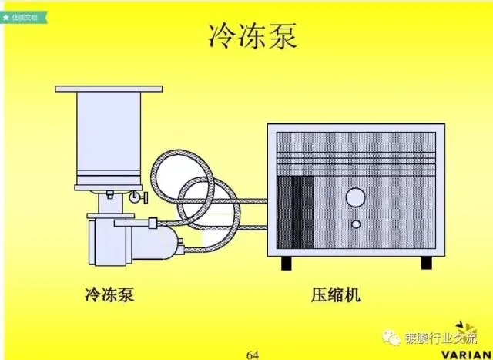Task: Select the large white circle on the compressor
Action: [x=355, y=198]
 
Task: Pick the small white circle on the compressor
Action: [x=357, y=224]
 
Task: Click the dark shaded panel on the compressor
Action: [x=295, y=210]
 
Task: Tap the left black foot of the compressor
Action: [x=287, y=264]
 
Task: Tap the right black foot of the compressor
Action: [x=425, y=264]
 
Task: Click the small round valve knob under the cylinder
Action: [x=137, y=198]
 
